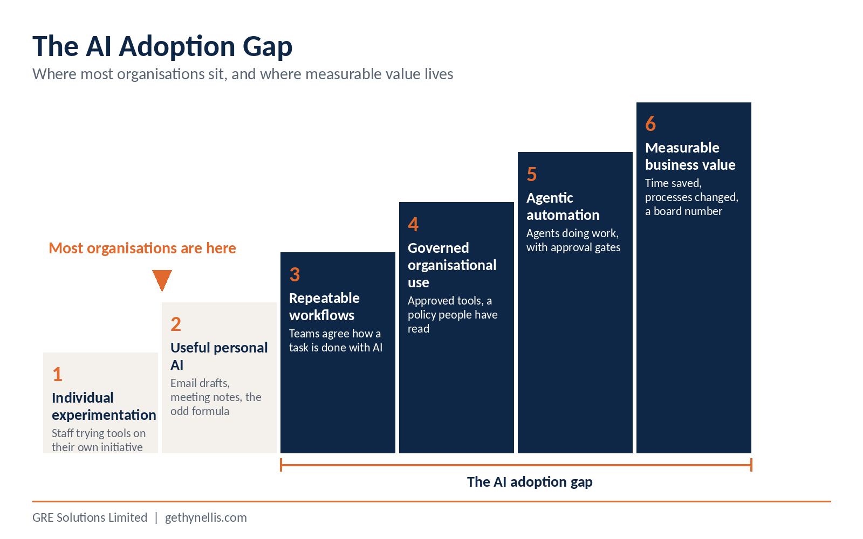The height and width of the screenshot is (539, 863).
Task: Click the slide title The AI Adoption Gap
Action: coord(162,46)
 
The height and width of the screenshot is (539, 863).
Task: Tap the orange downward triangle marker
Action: coord(162,280)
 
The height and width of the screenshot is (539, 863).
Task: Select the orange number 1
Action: coord(57,374)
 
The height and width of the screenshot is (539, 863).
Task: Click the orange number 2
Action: coord(176,324)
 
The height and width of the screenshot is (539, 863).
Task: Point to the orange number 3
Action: coord(294,274)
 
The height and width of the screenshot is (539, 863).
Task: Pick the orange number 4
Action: coord(413,224)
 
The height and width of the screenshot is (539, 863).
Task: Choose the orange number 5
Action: coord(532,175)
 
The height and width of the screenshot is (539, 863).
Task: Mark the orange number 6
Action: coord(650,124)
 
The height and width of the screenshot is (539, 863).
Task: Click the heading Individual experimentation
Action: coord(104,406)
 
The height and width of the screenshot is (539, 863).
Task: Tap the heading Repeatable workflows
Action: coord(324,307)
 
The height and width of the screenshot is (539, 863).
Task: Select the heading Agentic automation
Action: coord(563,206)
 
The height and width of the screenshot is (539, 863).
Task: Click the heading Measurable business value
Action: coord(690,156)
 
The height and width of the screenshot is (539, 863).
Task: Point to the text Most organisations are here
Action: coord(142,248)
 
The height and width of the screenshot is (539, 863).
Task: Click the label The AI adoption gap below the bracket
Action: coord(530,482)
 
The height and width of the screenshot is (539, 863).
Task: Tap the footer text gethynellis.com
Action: coord(206,518)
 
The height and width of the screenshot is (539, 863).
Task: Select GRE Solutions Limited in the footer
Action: coord(90,517)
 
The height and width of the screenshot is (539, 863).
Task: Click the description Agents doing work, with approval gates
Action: coord(573,240)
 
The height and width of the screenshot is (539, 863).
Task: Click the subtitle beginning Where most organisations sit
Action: coord(243,74)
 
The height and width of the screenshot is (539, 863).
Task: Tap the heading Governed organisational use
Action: coord(452,265)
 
